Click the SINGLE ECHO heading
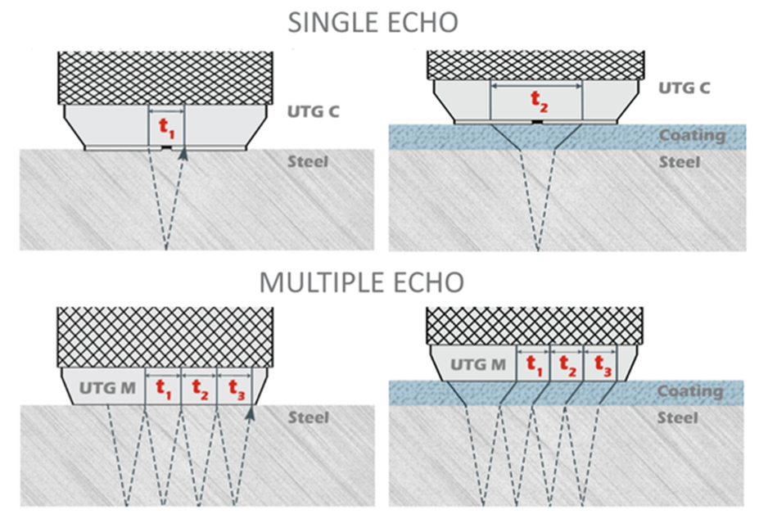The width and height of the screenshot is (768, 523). [372, 22]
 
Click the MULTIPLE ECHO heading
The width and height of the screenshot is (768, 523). [361, 282]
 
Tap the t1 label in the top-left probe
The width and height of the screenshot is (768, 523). [166, 128]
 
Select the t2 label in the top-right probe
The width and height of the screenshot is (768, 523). [536, 101]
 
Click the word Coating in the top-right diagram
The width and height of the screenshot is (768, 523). [692, 135]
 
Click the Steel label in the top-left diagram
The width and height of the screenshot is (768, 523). [308, 161]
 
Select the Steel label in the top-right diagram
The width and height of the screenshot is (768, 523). [680, 162]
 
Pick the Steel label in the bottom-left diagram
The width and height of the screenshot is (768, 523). [308, 417]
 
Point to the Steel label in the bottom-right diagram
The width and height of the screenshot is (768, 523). [678, 417]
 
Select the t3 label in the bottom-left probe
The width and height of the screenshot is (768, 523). [235, 385]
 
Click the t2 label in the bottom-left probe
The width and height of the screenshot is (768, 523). [199, 385]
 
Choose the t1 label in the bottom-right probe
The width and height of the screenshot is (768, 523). [533, 363]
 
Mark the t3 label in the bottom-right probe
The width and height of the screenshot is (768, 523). [602, 363]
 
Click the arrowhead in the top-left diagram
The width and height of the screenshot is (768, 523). [183, 152]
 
